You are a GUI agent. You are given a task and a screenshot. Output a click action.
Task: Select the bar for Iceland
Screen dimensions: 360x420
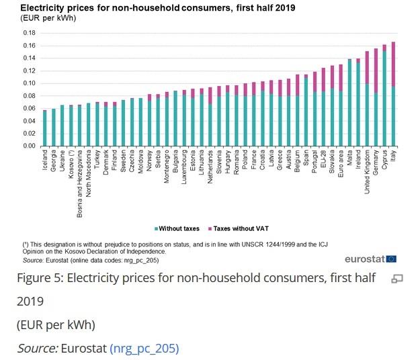click(45, 128)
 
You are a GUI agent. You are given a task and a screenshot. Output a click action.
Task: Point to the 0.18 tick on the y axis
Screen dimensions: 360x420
click(29, 33)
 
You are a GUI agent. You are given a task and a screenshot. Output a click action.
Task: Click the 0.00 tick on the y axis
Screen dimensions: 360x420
click(29, 146)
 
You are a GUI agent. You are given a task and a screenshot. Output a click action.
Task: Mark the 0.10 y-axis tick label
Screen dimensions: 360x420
click(29, 83)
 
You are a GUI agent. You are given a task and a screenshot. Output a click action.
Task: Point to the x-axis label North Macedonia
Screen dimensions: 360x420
click(89, 173)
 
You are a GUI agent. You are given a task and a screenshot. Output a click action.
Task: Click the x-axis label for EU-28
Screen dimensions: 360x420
click(323, 159)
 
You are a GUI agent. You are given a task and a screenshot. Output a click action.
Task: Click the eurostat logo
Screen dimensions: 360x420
click(370, 259)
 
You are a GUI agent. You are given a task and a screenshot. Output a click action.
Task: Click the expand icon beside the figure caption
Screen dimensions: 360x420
click(396, 279)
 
